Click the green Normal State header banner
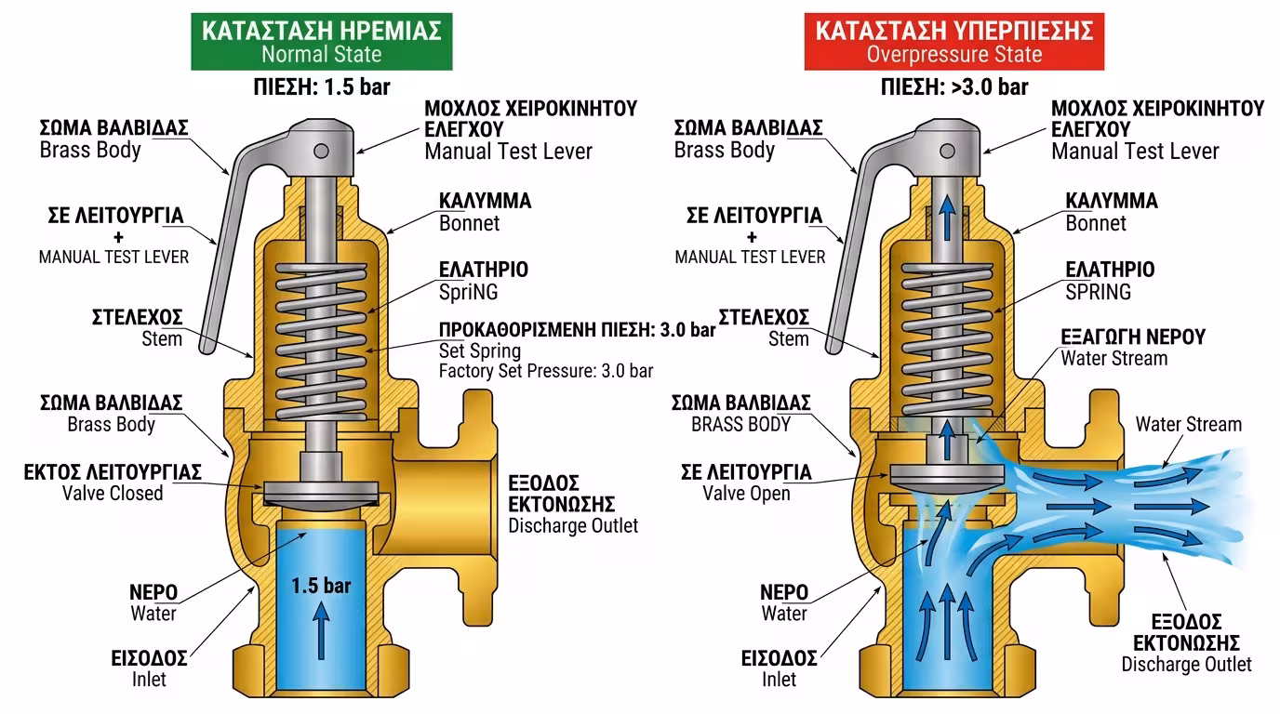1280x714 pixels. (321, 42)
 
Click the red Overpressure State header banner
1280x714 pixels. (953, 42)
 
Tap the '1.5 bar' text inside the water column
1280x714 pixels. (321, 586)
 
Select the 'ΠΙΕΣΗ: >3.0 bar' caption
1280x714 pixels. (954, 87)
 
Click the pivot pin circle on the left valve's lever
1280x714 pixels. (321, 151)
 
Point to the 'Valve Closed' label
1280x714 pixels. (113, 493)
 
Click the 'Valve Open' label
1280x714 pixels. (746, 494)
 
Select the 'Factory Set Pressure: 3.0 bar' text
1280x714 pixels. (546, 371)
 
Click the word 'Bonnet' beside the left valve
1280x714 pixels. (469, 223)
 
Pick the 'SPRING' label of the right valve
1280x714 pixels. (1099, 292)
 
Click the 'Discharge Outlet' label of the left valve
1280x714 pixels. (573, 525)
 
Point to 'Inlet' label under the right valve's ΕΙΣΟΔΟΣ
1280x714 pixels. (779, 680)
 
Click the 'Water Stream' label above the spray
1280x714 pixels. (1188, 425)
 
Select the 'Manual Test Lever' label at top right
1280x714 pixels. (1135, 151)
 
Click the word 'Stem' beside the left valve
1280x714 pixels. (162, 338)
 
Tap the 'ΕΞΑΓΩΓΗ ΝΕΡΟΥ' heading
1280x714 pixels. (1133, 337)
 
